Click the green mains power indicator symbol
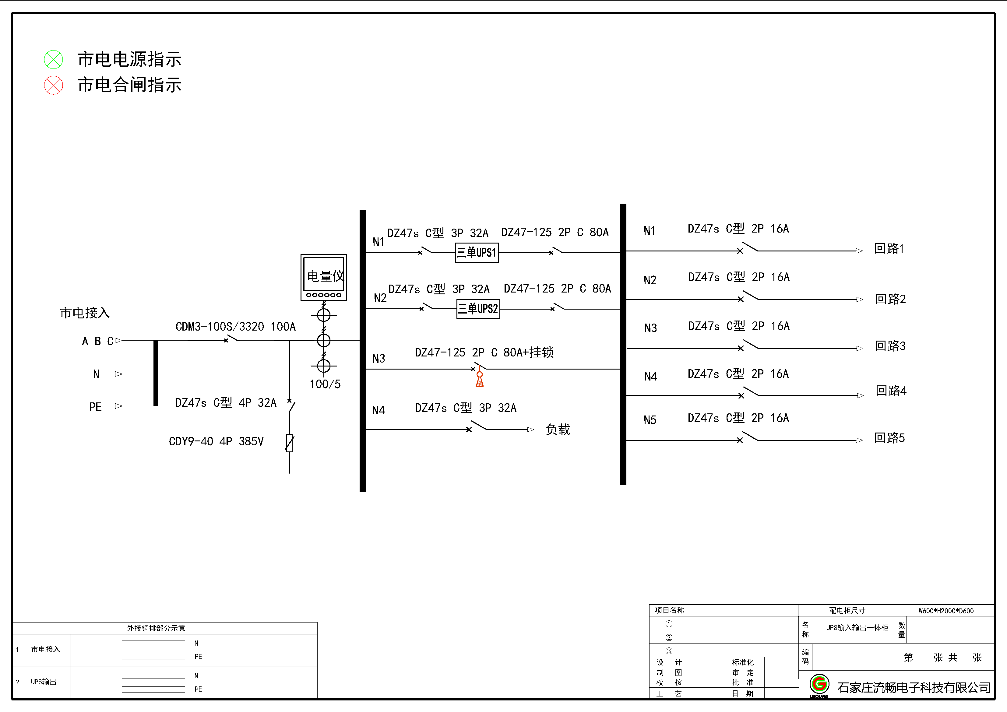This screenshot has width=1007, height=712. tap(54, 60)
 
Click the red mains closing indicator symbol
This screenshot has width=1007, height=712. tap(54, 85)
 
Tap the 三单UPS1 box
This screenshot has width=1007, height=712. tap(477, 253)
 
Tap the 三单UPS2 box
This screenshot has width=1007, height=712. tap(478, 309)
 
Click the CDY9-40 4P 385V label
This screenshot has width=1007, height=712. tap(216, 441)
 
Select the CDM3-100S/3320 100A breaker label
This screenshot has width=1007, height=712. tap(235, 327)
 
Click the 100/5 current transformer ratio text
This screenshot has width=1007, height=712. tap(325, 384)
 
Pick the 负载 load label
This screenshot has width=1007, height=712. tap(558, 430)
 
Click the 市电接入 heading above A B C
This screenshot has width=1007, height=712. tap(85, 313)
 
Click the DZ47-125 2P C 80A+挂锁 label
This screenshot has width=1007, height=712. tap(484, 352)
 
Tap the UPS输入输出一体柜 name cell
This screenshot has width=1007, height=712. tap(857, 628)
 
